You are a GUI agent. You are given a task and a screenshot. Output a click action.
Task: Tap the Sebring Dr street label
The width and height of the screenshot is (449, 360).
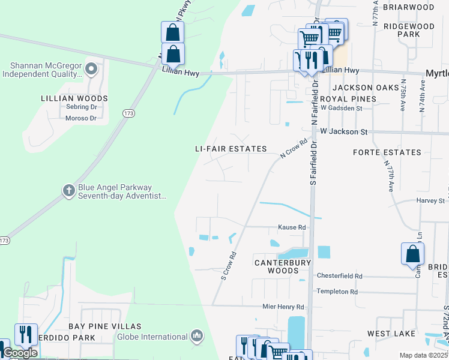pos(81,107)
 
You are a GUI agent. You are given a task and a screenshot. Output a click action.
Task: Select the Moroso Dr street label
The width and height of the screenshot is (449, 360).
pos(81,118)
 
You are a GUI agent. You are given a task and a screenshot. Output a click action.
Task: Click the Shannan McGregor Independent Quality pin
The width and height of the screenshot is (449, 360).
pos(91,68)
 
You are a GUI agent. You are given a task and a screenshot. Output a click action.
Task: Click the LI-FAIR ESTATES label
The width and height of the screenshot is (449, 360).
pos(231,149)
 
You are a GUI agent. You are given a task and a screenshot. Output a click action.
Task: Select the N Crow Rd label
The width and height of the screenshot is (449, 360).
pos(294,149)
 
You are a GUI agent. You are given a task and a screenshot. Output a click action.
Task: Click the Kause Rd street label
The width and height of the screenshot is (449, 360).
pos(292,227)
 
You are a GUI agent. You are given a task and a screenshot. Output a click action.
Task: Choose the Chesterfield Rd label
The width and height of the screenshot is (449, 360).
pos(341,276)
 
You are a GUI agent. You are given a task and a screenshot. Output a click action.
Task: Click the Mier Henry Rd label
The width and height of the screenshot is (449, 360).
pos(283,307)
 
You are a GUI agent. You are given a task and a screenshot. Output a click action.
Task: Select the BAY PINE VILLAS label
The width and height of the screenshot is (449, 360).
pos(104,326)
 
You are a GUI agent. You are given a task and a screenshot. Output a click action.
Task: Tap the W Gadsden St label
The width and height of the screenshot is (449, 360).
pos(341,108)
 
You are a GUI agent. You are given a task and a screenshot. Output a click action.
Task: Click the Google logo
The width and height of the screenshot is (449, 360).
pos(20,353)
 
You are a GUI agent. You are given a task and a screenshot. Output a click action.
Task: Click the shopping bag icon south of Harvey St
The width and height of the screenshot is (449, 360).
pos(413,254)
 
